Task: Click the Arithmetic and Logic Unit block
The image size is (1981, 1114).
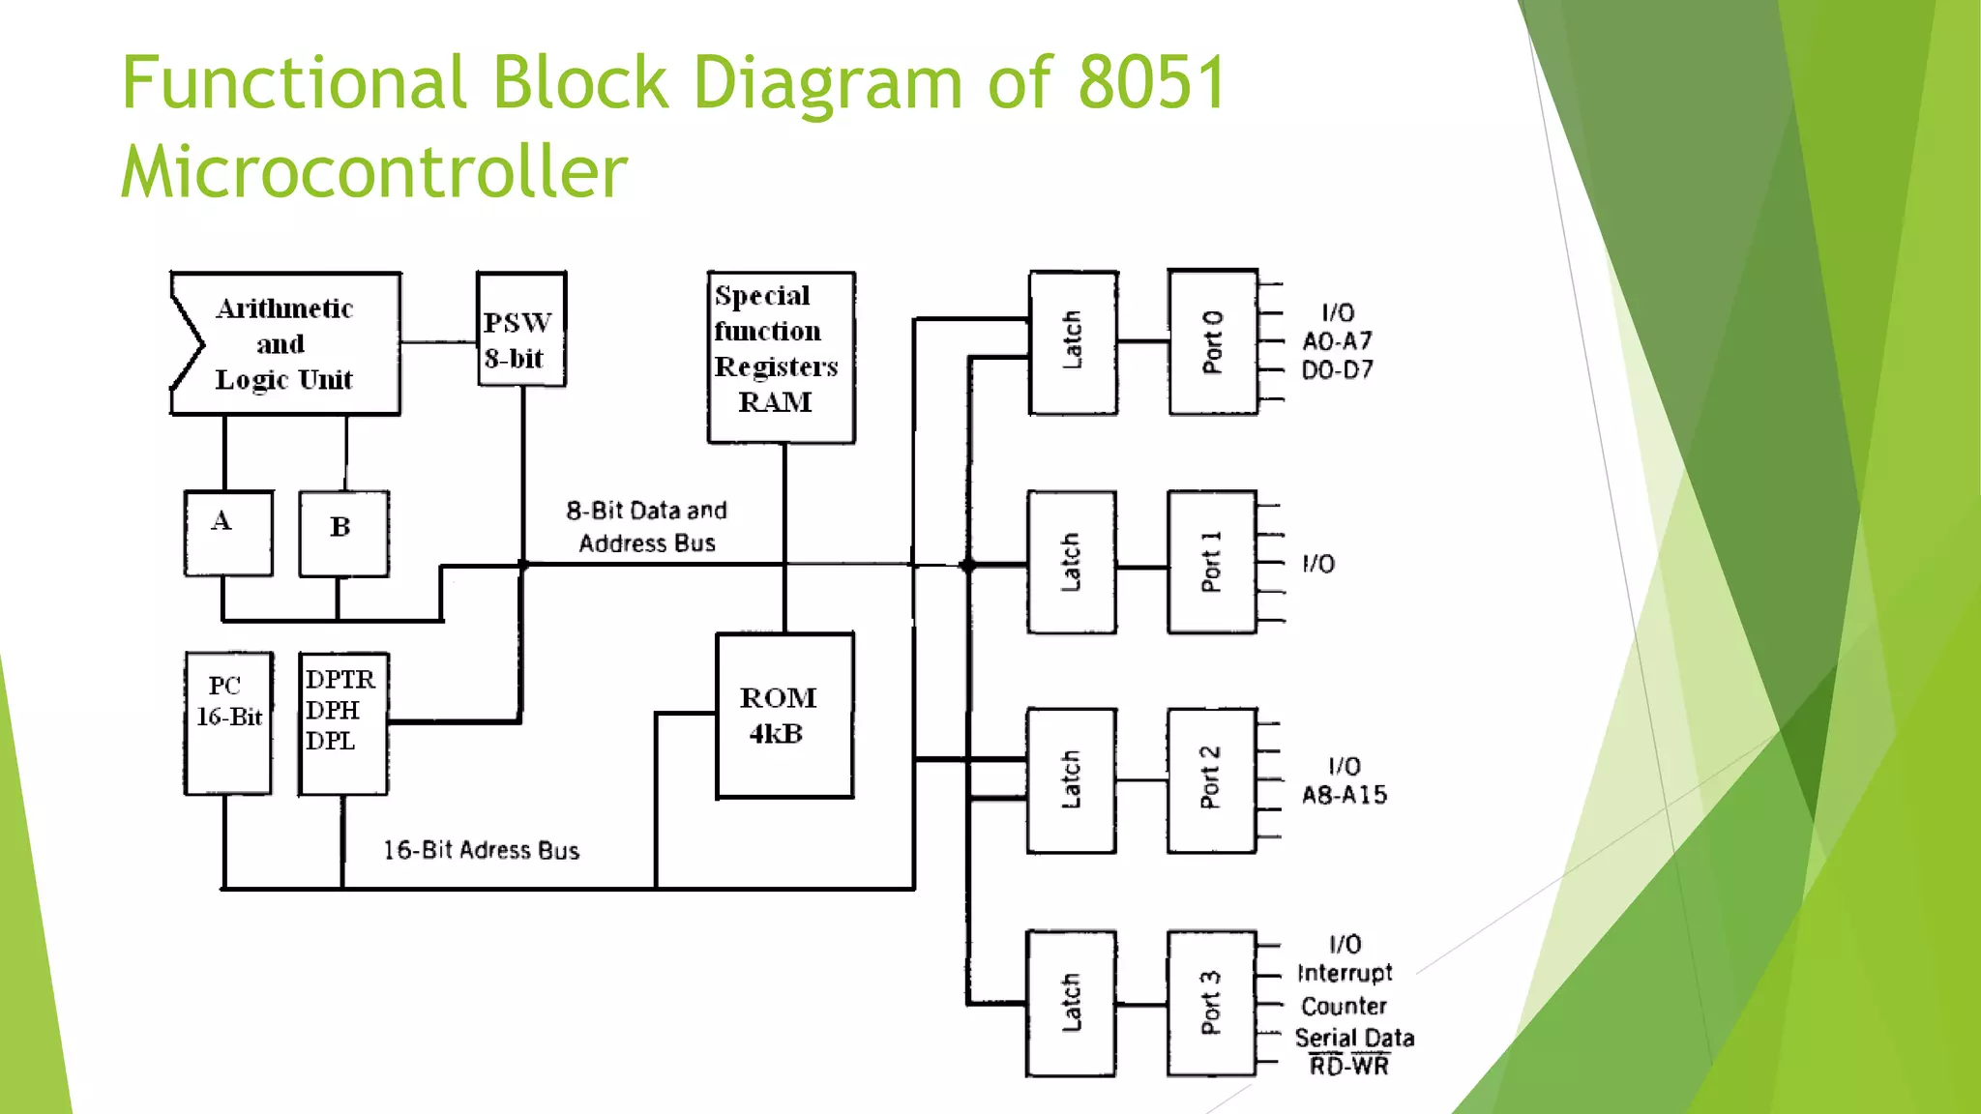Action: [x=286, y=344]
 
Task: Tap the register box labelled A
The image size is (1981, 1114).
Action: [x=228, y=534]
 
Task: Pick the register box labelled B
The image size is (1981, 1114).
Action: [x=343, y=534]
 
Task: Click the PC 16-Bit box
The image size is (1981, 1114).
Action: [x=228, y=723]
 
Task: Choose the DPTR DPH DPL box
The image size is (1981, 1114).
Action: [x=343, y=723]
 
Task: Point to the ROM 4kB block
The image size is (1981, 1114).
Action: [x=784, y=716]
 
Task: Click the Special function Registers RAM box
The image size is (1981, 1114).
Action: [x=781, y=357]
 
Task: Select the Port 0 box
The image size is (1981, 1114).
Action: [x=1213, y=342]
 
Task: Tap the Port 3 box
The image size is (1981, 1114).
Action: [x=1211, y=1004]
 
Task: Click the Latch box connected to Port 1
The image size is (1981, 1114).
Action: [x=1072, y=563]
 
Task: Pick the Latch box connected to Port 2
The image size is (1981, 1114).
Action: [x=1072, y=780]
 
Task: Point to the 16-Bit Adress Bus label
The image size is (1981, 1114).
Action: [x=481, y=851]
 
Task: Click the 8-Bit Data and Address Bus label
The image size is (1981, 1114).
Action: [x=647, y=527]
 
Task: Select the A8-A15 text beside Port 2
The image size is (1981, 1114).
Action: [x=1345, y=796]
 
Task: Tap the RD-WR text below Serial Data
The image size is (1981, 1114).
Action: [x=1349, y=1067]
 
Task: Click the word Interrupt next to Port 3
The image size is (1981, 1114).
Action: [x=1345, y=973]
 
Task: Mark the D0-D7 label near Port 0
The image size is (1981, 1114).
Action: [x=1337, y=370]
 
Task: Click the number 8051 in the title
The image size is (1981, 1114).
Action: [x=1152, y=83]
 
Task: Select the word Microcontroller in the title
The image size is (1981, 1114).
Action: [x=374, y=172]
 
